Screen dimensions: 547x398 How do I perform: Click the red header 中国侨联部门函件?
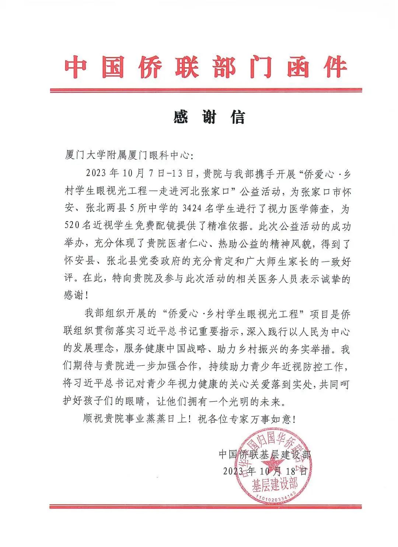point(206,67)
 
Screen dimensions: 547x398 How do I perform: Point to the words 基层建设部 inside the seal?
point(275,483)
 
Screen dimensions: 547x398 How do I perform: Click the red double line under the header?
point(206,90)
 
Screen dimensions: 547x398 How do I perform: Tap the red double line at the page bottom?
point(206,506)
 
